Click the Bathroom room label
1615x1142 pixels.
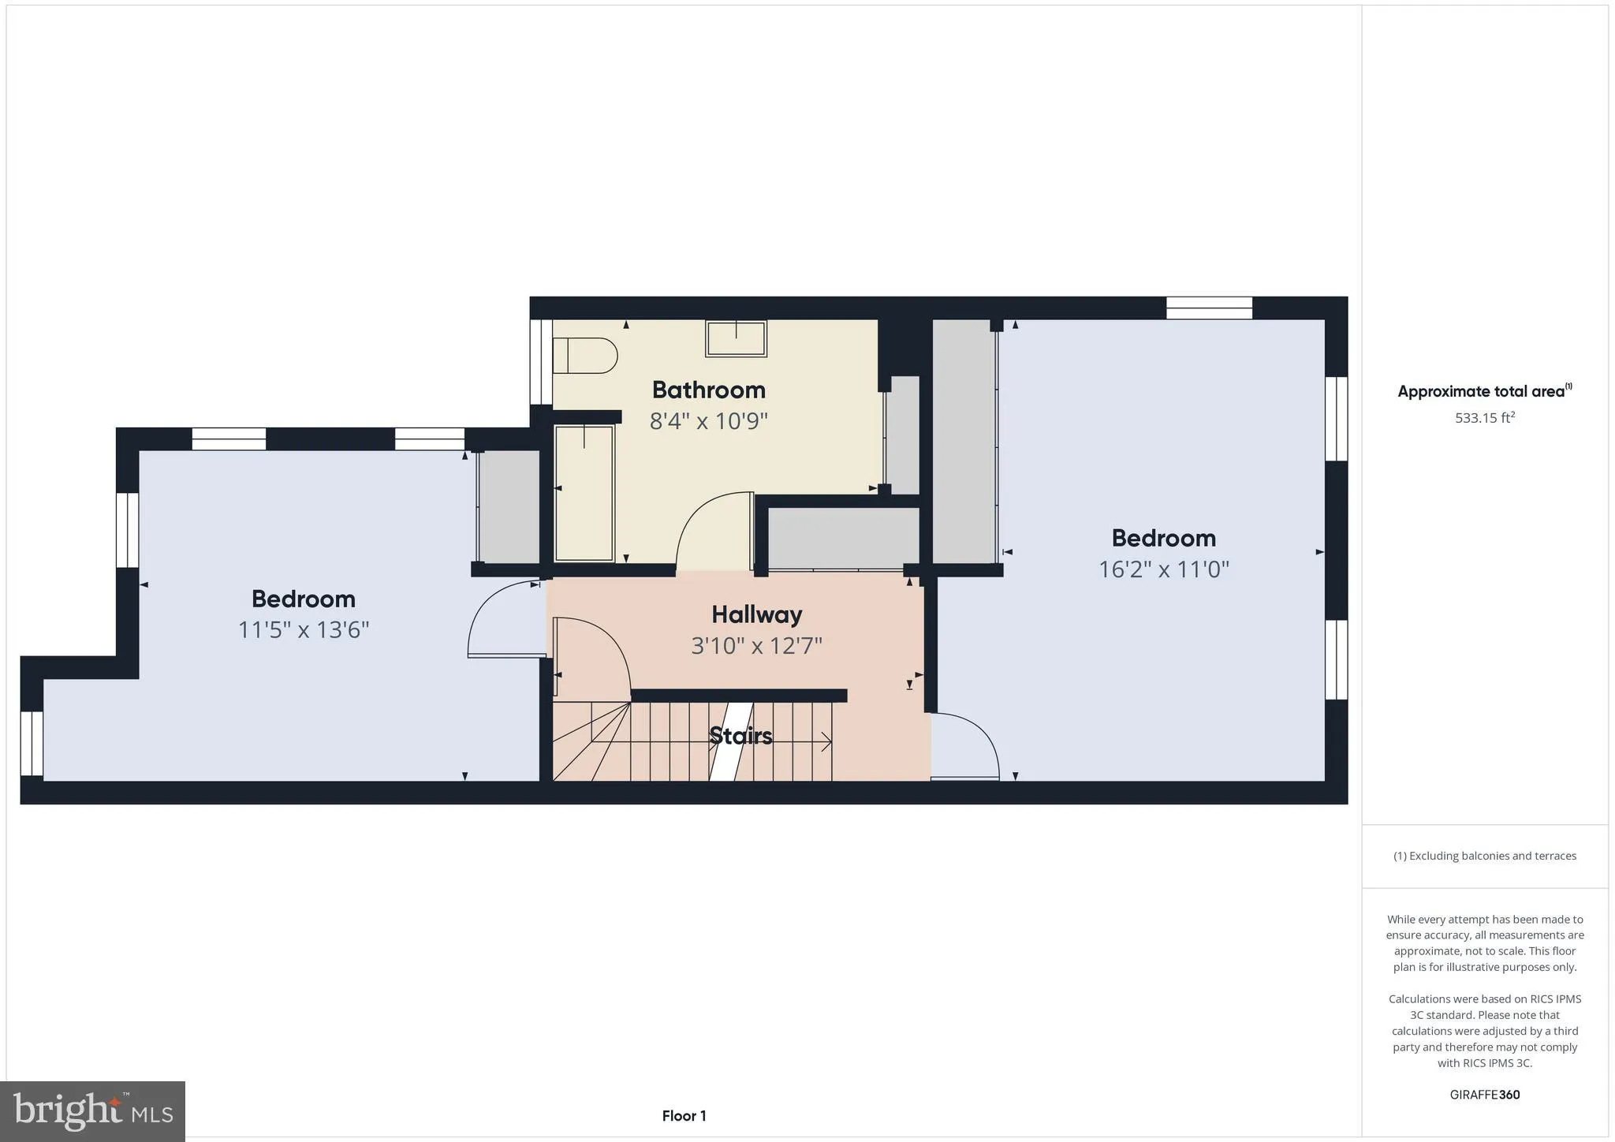click(x=708, y=390)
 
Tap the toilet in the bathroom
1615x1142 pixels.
click(x=585, y=356)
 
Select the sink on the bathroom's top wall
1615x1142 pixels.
click(x=736, y=338)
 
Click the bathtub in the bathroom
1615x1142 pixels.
click(x=584, y=493)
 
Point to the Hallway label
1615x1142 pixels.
click(x=756, y=614)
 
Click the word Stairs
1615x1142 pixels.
click(x=740, y=736)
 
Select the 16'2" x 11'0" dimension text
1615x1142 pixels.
click(x=1163, y=569)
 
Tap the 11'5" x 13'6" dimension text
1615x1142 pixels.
click(x=304, y=630)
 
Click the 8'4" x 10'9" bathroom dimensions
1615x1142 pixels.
click(x=708, y=421)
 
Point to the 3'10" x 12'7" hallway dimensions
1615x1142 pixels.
click(x=756, y=647)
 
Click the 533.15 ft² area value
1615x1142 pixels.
click(x=1485, y=418)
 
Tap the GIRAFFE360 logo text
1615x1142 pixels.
click(x=1485, y=1095)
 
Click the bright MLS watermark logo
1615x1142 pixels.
click(x=93, y=1111)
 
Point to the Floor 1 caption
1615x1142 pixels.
click(x=684, y=1116)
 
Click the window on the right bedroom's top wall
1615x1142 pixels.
click(x=1209, y=308)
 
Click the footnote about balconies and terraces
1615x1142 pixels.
click(x=1485, y=856)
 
